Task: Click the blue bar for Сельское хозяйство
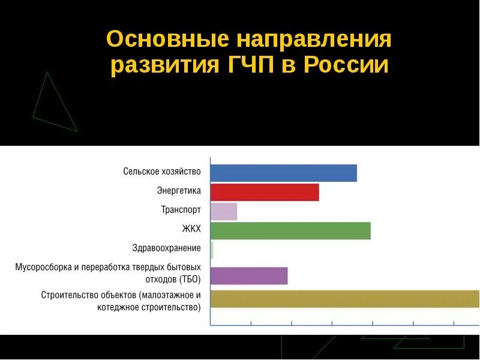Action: [x=283, y=173]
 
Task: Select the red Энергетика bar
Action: [x=265, y=193]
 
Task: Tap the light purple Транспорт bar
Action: [x=224, y=212]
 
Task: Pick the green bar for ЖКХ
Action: [x=290, y=231]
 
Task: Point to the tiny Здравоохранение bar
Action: [x=212, y=250]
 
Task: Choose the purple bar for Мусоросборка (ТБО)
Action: [x=249, y=276]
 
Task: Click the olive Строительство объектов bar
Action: [x=344, y=299]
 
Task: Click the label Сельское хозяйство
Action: [x=162, y=172]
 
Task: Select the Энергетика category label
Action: [x=179, y=191]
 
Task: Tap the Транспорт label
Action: [x=181, y=211]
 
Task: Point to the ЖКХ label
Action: [x=191, y=229]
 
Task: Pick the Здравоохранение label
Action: [x=166, y=248]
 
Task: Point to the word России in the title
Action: [x=346, y=65]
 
